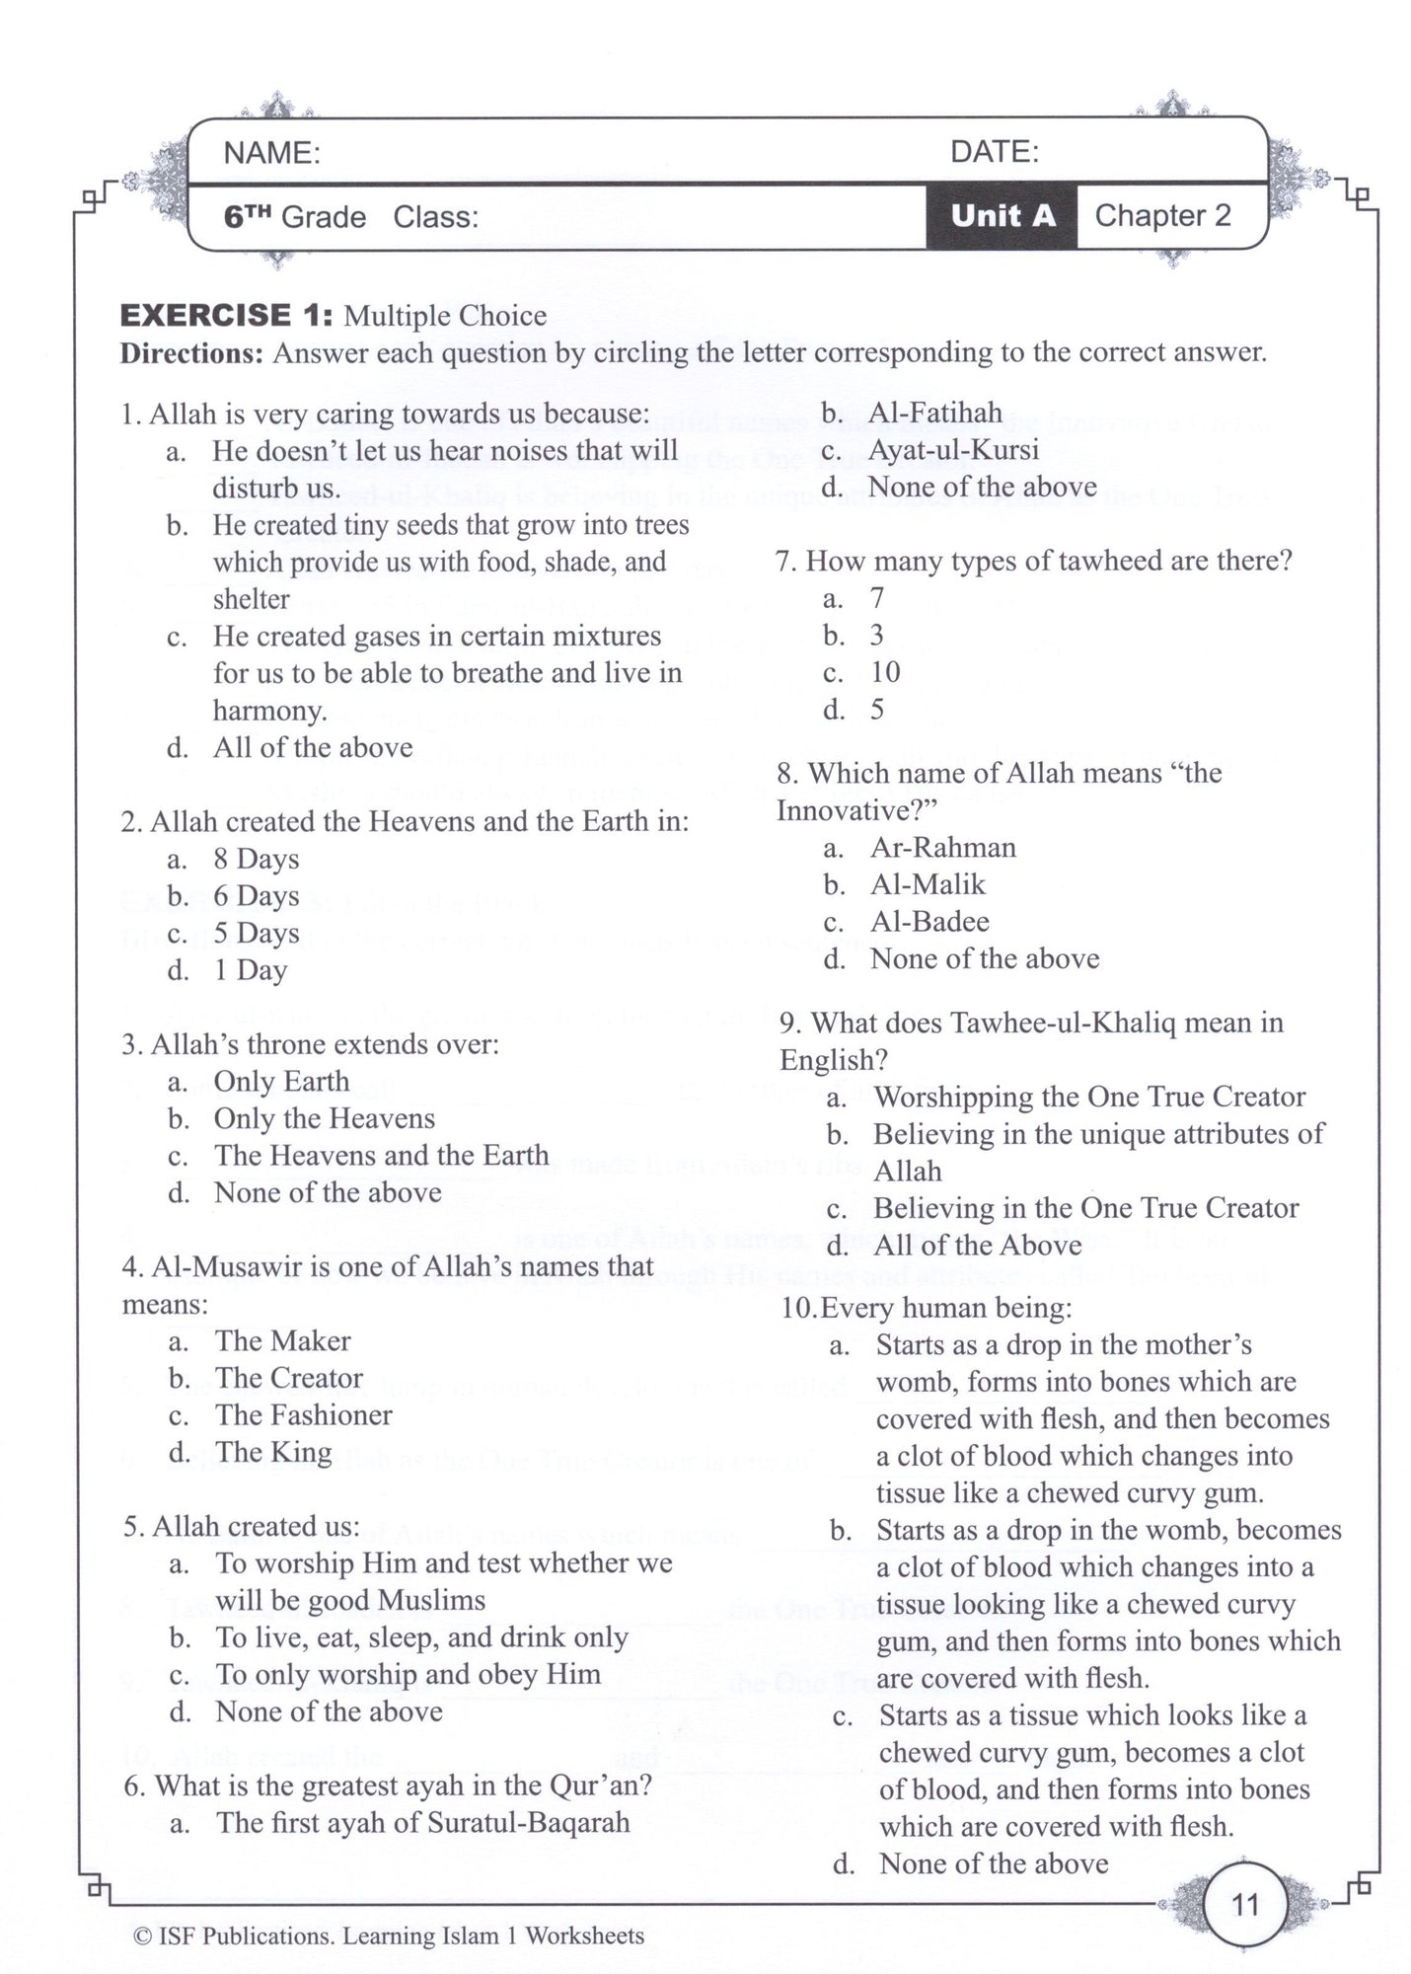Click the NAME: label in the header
pos(271,153)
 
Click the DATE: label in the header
pos(994,152)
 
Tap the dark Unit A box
pos(1002,216)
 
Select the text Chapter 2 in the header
pos(1162,216)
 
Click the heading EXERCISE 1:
pos(226,316)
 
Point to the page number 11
pos(1245,1904)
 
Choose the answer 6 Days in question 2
pos(257,896)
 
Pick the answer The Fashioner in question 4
pos(304,1415)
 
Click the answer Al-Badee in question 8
pos(929,922)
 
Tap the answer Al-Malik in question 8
pos(928,884)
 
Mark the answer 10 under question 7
pos(885,672)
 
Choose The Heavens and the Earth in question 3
pos(381,1156)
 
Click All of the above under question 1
pos(313,748)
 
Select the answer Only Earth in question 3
pos(281,1082)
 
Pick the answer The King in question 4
pos(273,1453)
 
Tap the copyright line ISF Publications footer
pos(388,1936)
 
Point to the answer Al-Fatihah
pos(934,413)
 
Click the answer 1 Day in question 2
pos(251,970)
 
